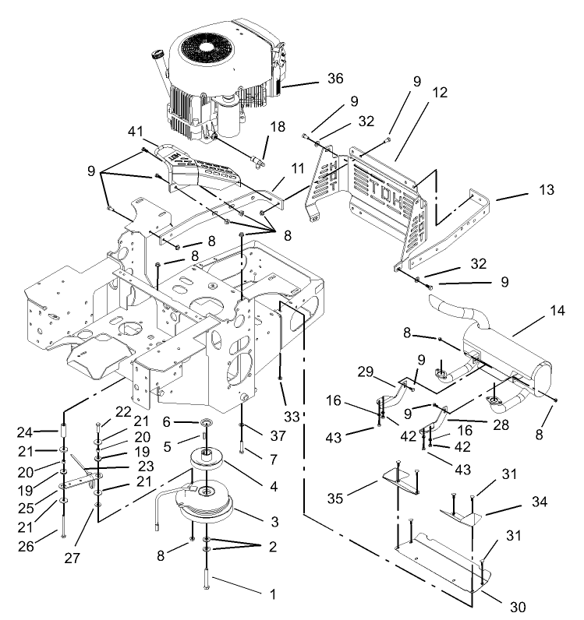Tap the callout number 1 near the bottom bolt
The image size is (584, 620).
272,594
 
